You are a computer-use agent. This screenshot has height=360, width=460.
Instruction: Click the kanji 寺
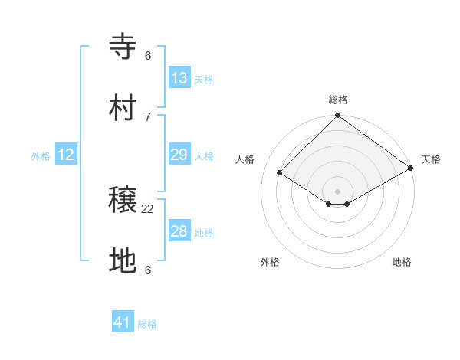coord(123,47)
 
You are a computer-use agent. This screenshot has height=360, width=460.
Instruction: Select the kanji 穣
coord(123,201)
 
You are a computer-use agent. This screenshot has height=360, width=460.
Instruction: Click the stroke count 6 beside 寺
coord(148,55)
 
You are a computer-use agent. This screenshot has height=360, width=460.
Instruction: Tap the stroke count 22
coord(148,208)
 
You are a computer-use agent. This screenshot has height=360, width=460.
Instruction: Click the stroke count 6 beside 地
coord(148,270)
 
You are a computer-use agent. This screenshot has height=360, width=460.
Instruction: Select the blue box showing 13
coord(179,78)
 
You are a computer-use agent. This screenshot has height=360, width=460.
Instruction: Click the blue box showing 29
coord(179,155)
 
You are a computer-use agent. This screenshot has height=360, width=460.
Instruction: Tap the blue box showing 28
coord(179,231)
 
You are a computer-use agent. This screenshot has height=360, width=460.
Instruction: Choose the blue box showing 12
coord(66,155)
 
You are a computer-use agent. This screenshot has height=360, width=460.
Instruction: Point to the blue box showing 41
coord(123,322)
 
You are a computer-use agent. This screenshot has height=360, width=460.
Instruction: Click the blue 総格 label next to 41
coord(147,324)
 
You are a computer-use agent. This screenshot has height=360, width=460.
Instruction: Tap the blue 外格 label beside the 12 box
coord(41,156)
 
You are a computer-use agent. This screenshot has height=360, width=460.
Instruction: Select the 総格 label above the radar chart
coord(338,100)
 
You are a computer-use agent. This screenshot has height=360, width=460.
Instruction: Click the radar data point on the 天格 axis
coord(412,169)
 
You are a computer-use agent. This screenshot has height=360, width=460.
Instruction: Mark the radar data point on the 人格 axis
coord(280,173)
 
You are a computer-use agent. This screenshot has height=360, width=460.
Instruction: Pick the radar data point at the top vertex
coord(338,116)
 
